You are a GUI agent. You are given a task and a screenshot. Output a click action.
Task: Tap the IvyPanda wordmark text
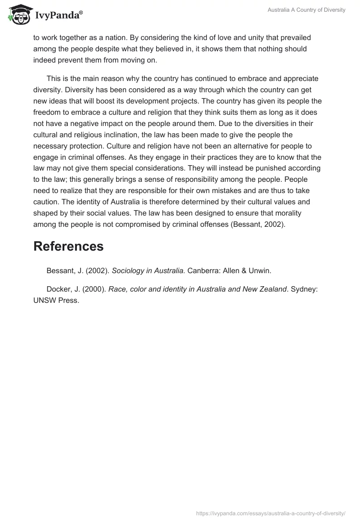57,16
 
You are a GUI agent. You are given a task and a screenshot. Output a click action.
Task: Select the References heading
68,246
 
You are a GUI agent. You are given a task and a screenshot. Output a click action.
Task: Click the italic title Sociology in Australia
148,270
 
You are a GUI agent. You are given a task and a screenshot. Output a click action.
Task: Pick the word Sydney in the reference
305,289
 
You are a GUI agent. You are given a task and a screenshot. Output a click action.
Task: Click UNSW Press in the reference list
56,301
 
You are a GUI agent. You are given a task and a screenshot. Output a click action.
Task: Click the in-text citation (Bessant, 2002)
257,224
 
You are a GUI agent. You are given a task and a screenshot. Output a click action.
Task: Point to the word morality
287,212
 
